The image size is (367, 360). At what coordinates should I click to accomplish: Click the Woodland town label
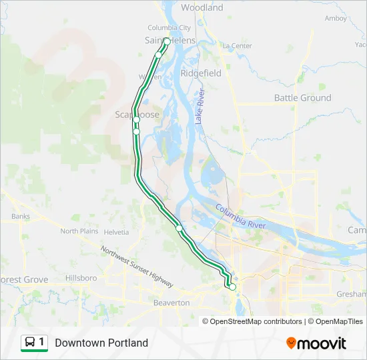point(202,7)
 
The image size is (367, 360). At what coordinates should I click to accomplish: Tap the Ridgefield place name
point(200,73)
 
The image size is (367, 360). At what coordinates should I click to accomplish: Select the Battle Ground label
point(302,97)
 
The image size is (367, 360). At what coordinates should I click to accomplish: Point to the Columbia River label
point(240,217)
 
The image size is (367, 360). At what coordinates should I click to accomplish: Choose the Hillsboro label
point(81,277)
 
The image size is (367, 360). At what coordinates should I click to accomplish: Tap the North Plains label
point(79,231)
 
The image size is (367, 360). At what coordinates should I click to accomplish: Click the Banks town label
point(20,216)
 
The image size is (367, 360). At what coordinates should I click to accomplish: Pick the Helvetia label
point(116,232)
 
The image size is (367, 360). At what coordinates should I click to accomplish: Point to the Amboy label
point(336,18)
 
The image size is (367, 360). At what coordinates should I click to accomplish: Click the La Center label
point(237,45)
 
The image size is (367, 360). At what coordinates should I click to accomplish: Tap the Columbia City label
point(169,28)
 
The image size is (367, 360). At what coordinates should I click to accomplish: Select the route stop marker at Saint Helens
point(166,41)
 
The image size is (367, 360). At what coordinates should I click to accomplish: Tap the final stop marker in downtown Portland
point(232,287)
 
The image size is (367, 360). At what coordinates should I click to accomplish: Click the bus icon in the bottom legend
point(30,343)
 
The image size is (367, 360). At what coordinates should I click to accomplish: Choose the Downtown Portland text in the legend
point(101,343)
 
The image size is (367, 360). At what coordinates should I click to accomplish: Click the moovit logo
point(316,343)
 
